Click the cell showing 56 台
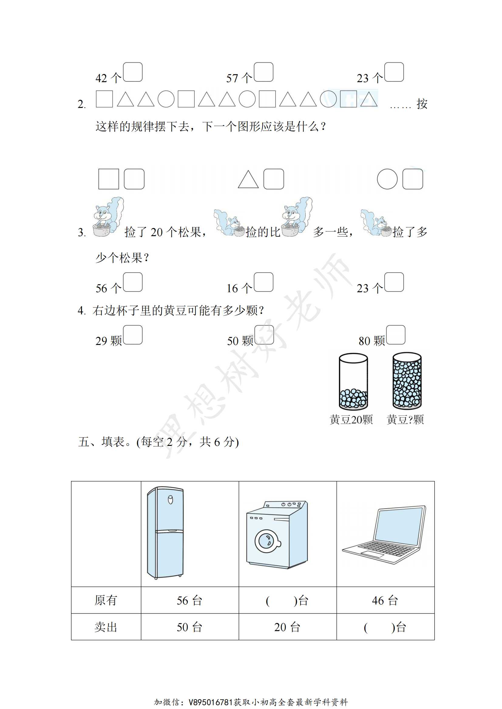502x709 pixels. coord(189,600)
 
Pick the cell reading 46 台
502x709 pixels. coord(385,600)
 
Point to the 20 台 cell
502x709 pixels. coord(287,627)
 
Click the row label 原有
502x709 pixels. coord(106,600)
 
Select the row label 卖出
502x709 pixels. coord(106,627)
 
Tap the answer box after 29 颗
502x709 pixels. coord(133,335)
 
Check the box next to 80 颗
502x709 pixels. coord(396,335)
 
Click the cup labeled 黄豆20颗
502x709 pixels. coord(353,382)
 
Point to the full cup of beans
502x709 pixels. coord(407,381)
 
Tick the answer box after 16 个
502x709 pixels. coord(264,282)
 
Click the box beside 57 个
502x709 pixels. coord(264,72)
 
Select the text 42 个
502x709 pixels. coord(108,78)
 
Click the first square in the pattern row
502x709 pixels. coord(104,99)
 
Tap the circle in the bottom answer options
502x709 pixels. coord(387,179)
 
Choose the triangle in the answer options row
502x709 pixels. coord(248,180)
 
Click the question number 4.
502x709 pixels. coord(81,310)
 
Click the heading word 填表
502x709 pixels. coord(113,442)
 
